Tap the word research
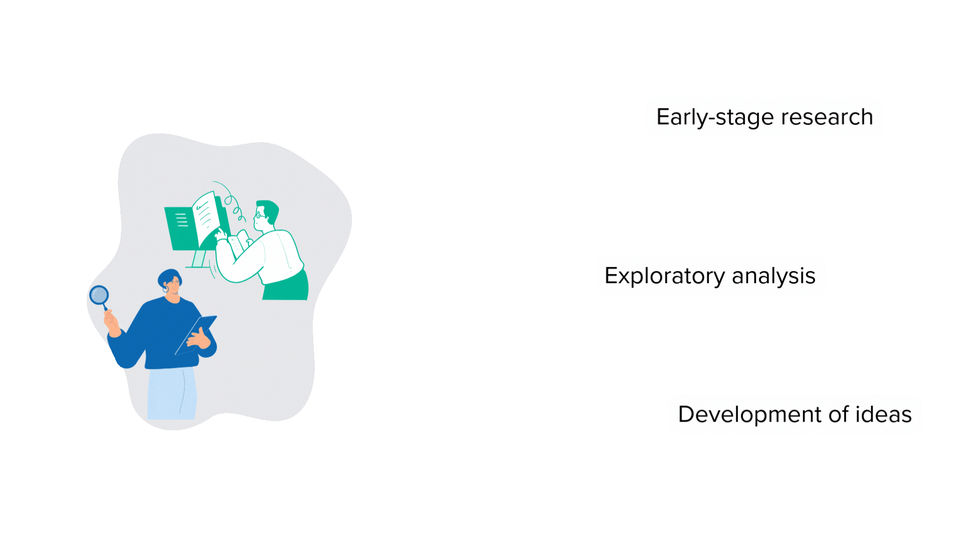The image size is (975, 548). pos(827,117)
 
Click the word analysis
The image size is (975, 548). pos(773,276)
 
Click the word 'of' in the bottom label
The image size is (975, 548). pos(838,415)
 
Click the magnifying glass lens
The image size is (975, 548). pos(99,295)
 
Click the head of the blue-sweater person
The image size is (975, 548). pos(171,283)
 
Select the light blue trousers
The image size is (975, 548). pos(171,393)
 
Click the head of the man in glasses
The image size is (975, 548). pos(266,214)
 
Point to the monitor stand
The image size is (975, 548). pos(199,259)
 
